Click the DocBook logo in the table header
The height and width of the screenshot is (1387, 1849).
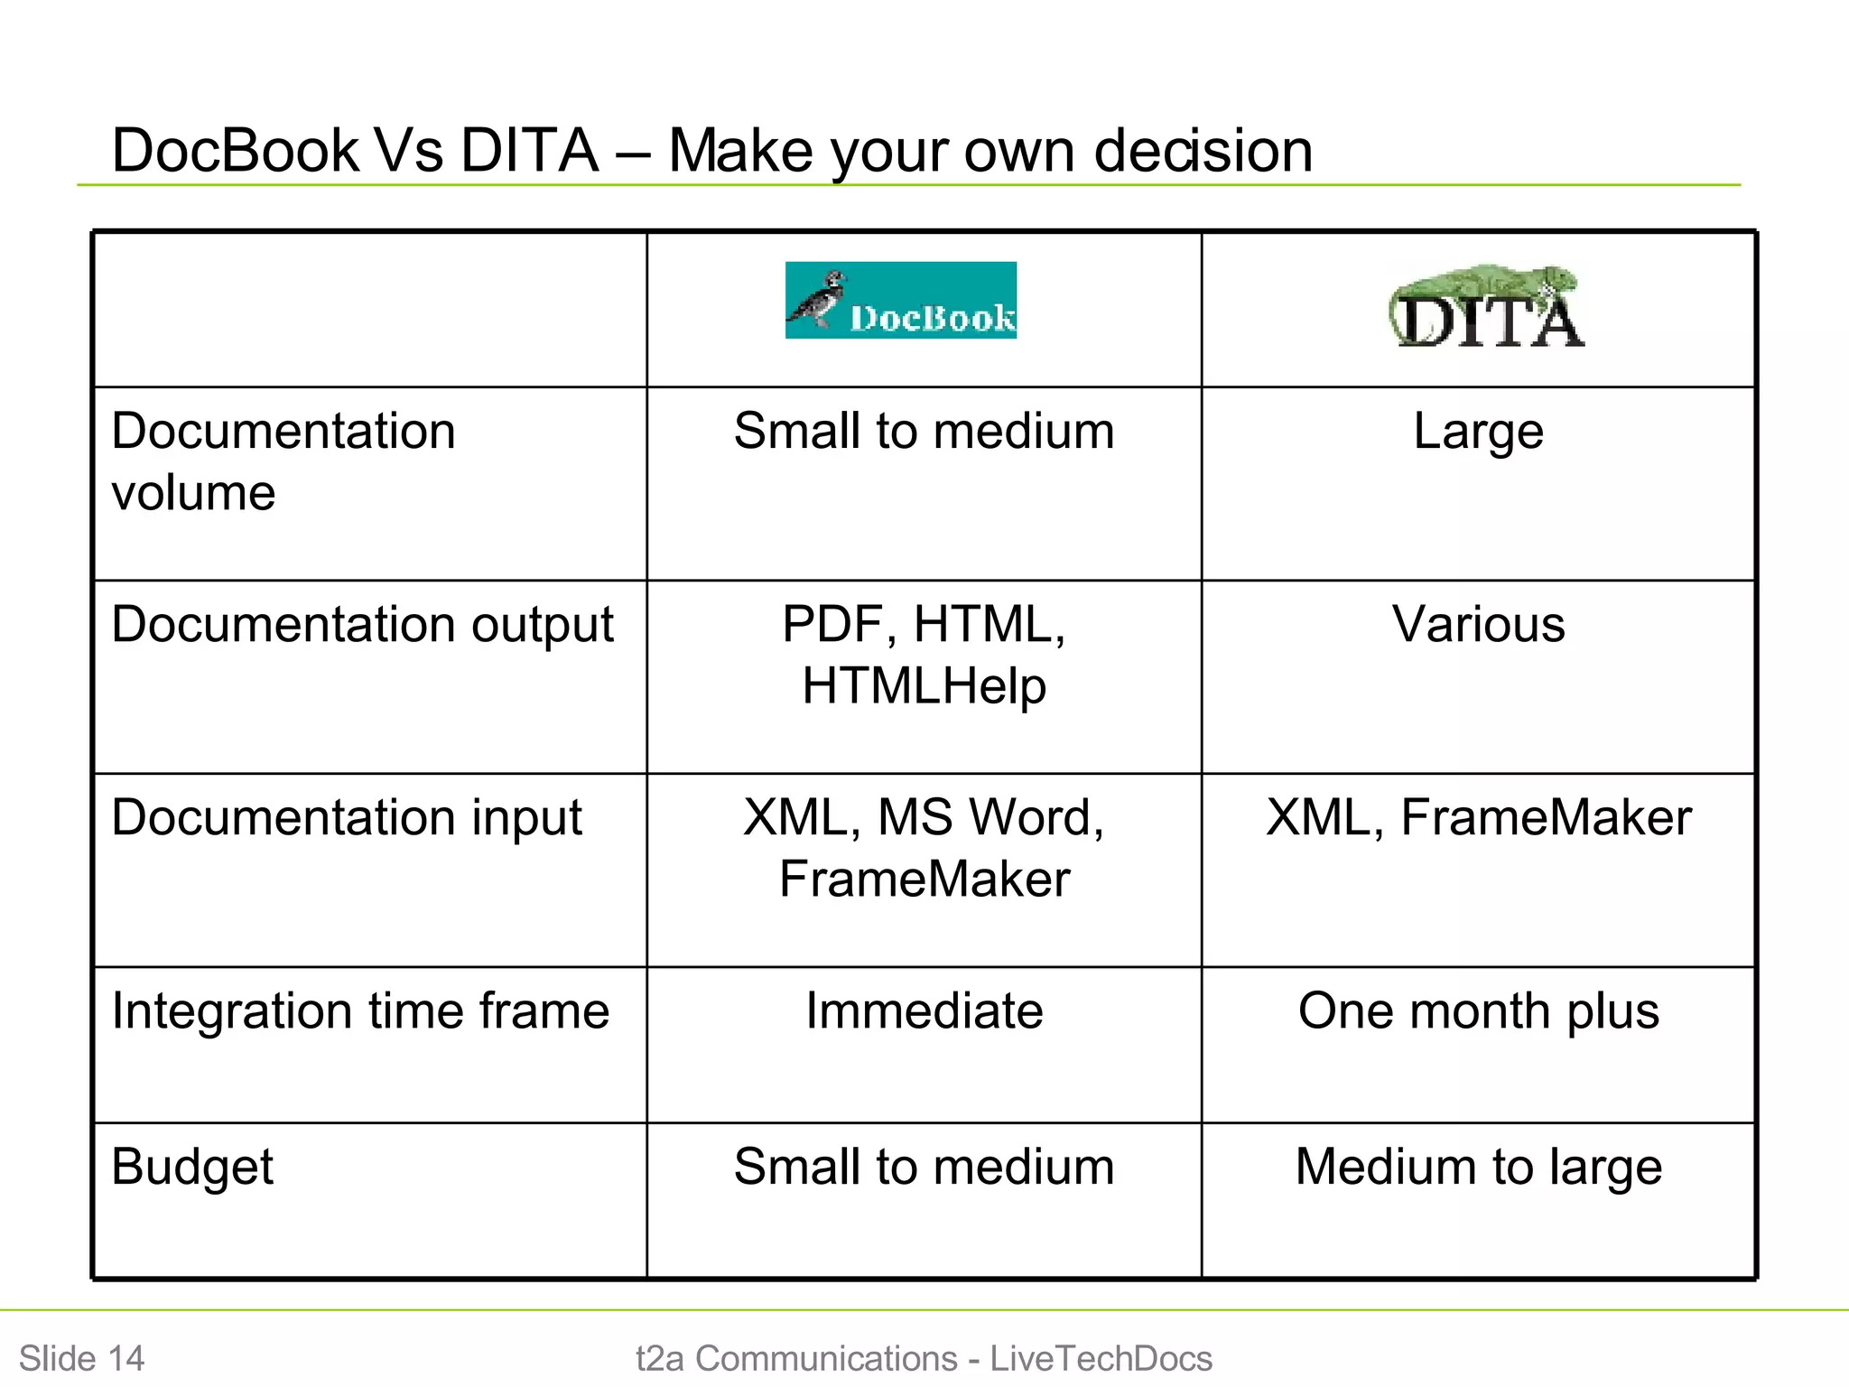pyautogui.click(x=901, y=301)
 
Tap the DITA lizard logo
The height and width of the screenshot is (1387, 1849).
pyautogui.click(x=1486, y=307)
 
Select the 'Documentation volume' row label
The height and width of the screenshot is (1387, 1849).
pyautogui.click(x=283, y=461)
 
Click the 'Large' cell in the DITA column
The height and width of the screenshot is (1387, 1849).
pyautogui.click(x=1478, y=432)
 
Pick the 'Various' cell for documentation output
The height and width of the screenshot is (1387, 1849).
pyautogui.click(x=1478, y=625)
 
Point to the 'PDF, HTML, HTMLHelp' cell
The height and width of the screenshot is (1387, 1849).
pyautogui.click(x=924, y=655)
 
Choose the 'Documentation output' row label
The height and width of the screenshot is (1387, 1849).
pyautogui.click(x=362, y=625)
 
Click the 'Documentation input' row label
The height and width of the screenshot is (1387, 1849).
pyautogui.click(x=347, y=818)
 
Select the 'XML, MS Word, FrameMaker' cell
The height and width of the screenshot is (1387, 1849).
pyautogui.click(x=924, y=848)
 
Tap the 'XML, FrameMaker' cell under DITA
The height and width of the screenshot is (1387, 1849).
pyautogui.click(x=1478, y=818)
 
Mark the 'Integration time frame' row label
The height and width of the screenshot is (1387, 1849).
pyautogui.click(x=360, y=1011)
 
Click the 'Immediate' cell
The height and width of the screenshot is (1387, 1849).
pyautogui.click(x=924, y=1011)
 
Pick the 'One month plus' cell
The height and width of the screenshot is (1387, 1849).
pyautogui.click(x=1478, y=1011)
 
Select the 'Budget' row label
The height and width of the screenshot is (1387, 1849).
pyautogui.click(x=192, y=1168)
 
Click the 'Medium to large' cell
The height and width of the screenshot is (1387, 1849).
pyautogui.click(x=1478, y=1168)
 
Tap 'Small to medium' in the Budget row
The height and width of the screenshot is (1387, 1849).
pyautogui.click(x=924, y=1168)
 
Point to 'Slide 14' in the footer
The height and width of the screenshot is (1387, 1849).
pyautogui.click(x=81, y=1358)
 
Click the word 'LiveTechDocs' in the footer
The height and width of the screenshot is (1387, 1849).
pyautogui.click(x=1101, y=1358)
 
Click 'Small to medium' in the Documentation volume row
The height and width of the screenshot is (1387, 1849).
pyautogui.click(x=924, y=432)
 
